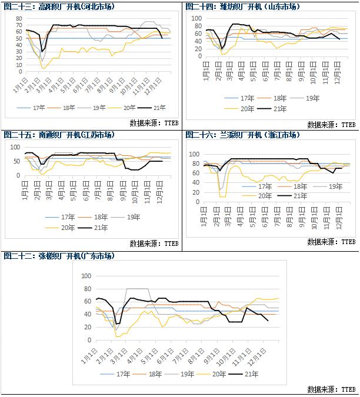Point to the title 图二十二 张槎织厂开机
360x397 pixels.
click(59, 256)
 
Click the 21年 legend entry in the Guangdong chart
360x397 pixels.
click(241, 373)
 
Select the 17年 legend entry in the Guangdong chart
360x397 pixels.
click(117, 373)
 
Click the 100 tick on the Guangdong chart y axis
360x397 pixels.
click(86, 276)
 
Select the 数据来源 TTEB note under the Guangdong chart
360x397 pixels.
click(331, 389)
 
